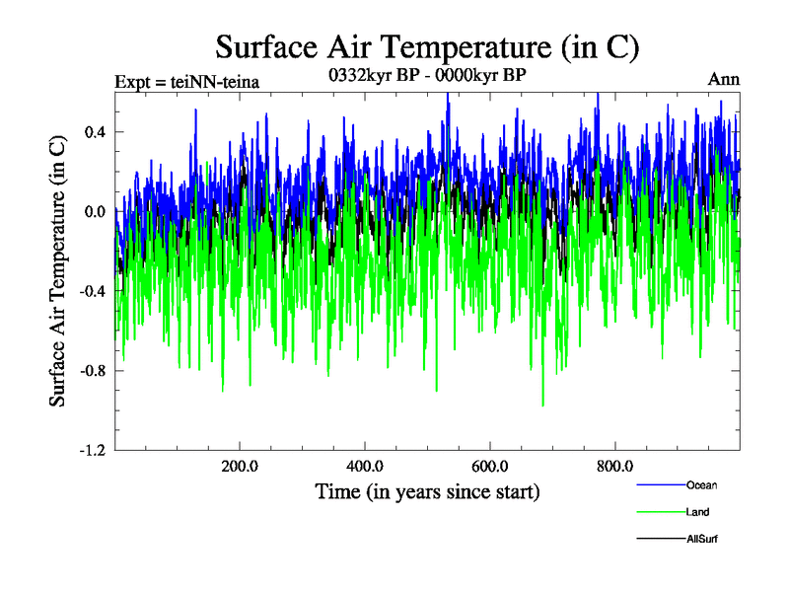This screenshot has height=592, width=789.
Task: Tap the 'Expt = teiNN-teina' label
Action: point(187,82)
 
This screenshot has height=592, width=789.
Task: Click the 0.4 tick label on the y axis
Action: point(94,132)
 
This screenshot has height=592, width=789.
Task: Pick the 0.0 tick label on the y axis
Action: point(94,212)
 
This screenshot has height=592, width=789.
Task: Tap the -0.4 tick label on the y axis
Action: point(92,291)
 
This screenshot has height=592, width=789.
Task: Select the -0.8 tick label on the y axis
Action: point(92,371)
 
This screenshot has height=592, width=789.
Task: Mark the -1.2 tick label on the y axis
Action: point(92,450)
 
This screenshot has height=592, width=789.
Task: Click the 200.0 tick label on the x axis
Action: point(240,467)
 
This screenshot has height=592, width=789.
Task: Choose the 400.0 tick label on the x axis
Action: point(365,467)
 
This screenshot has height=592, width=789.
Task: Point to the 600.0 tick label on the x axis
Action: point(490,467)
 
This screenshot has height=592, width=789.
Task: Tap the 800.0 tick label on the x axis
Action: point(615,467)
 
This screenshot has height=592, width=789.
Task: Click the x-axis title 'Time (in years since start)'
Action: point(427,490)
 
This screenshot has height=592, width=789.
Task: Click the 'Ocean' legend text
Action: point(702,484)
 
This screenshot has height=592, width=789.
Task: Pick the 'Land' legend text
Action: point(697,512)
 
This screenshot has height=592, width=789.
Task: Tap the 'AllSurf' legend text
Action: point(704,540)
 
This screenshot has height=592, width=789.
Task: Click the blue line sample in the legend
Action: point(661,484)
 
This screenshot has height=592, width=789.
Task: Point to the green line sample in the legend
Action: point(661,512)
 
